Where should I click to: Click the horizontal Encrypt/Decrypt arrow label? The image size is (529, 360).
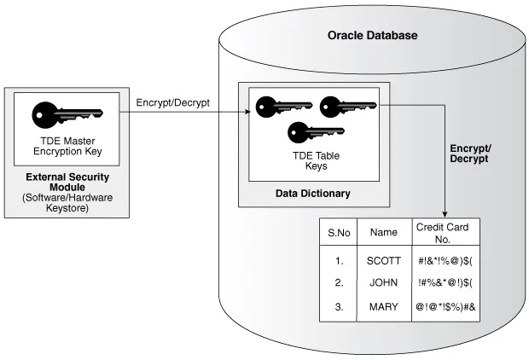173,103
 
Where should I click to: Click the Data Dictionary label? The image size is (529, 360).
312,194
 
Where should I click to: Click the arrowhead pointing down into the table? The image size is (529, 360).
445,213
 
